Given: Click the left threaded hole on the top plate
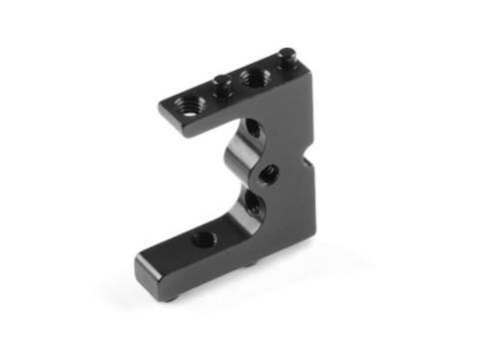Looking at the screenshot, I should pos(190,103).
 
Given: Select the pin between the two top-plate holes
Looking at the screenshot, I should pos(221,84).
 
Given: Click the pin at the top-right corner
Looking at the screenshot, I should pos(287,58).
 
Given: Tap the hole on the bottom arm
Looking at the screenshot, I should pos(201,237).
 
